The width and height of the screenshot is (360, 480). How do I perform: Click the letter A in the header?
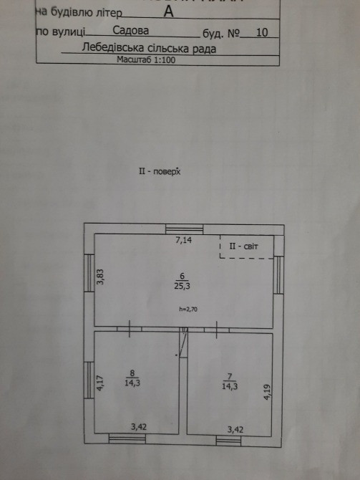click(x=168, y=11)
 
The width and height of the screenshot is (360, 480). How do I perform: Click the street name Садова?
click(x=130, y=30)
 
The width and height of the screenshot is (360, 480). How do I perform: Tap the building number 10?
click(x=262, y=32)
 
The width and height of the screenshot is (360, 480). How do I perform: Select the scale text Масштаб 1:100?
click(x=146, y=59)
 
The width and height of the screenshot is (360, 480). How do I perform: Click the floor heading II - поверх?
click(x=160, y=171)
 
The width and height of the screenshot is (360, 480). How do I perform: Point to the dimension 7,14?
click(x=184, y=240)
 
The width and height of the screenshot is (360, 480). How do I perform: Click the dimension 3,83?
click(x=100, y=277)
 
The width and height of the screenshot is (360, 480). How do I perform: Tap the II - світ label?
click(x=243, y=246)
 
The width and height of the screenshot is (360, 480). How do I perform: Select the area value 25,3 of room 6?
click(x=183, y=287)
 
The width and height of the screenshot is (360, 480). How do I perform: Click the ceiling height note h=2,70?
click(x=188, y=309)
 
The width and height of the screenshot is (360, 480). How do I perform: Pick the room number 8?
click(x=132, y=373)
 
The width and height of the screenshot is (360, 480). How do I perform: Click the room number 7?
click(x=230, y=377)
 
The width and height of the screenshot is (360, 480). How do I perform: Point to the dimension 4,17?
click(x=102, y=383)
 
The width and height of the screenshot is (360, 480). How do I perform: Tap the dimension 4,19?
click(x=268, y=392)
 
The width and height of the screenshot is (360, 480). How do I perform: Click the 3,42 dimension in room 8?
click(x=139, y=427)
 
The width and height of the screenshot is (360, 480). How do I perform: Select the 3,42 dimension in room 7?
click(x=235, y=430)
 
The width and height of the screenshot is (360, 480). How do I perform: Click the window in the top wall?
click(x=185, y=229)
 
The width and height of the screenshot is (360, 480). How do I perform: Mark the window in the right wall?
click(x=278, y=275)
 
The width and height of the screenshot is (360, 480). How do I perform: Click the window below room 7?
click(x=228, y=441)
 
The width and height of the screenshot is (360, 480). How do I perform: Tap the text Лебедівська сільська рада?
click(x=149, y=48)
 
